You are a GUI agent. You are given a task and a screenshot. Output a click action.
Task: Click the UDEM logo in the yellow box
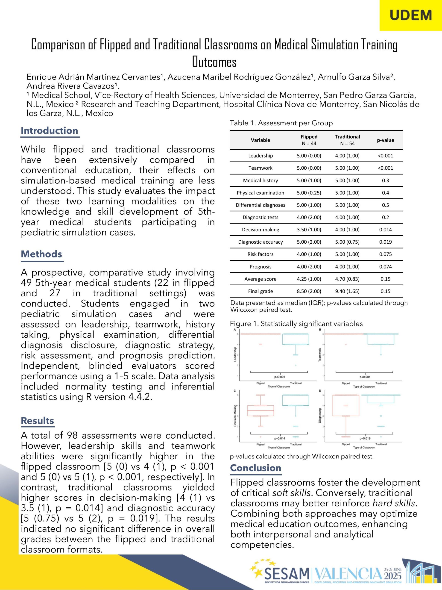(410, 15)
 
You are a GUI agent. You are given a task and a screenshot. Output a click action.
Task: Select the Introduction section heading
(50, 131)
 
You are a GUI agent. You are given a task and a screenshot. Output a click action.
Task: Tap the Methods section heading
(42, 254)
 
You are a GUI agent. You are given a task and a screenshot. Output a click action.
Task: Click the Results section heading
(38, 421)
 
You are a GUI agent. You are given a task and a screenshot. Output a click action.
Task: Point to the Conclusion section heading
(256, 468)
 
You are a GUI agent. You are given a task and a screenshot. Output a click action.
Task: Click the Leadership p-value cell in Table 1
(385, 156)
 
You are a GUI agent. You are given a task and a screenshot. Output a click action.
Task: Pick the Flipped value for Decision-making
(309, 230)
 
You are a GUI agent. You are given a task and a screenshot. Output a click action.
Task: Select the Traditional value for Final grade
(347, 291)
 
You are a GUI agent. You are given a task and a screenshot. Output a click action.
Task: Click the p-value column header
(385, 140)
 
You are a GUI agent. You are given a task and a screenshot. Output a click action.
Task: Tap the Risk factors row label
(261, 254)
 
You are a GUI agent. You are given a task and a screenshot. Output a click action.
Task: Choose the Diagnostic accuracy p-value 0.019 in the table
(385, 242)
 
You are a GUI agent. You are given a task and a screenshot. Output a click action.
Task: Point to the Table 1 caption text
(281, 123)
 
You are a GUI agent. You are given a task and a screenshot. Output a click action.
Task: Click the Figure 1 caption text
(296, 324)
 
